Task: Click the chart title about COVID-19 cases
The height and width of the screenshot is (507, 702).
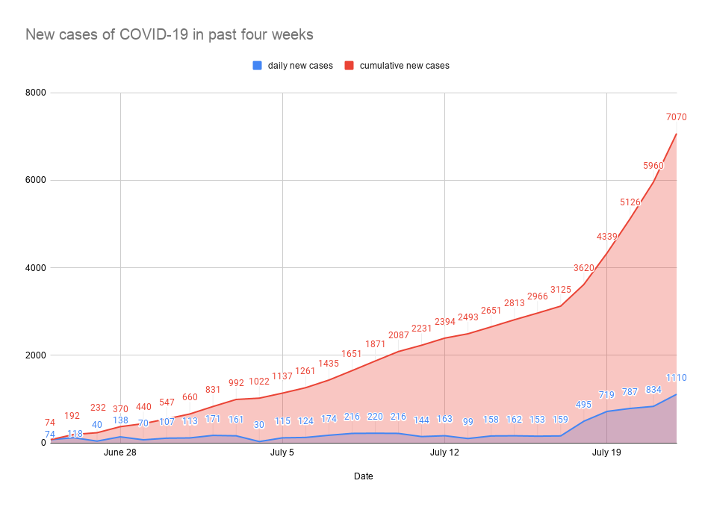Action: (x=169, y=34)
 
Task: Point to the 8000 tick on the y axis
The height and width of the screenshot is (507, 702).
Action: (x=35, y=93)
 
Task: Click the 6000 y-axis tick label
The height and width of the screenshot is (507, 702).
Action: (x=35, y=180)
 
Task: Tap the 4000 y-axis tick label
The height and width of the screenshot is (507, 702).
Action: (x=35, y=267)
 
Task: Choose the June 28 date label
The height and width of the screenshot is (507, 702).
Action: (x=120, y=452)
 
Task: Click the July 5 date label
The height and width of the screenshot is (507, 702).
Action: (x=282, y=452)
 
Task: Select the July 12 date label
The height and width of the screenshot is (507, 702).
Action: (x=444, y=452)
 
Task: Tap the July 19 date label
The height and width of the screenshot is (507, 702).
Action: (x=606, y=452)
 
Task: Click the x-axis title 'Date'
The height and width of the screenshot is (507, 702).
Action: (x=363, y=476)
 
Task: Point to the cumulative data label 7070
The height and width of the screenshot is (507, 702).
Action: (x=676, y=117)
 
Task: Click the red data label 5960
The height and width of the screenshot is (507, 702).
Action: (x=653, y=166)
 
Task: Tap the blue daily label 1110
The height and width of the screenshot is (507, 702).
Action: (x=676, y=378)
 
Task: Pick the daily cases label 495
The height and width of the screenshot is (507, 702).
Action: (x=584, y=405)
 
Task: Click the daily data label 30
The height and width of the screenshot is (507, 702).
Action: (x=259, y=425)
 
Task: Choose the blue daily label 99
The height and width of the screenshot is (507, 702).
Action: (x=468, y=422)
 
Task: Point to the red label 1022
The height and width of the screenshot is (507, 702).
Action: (x=259, y=382)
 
